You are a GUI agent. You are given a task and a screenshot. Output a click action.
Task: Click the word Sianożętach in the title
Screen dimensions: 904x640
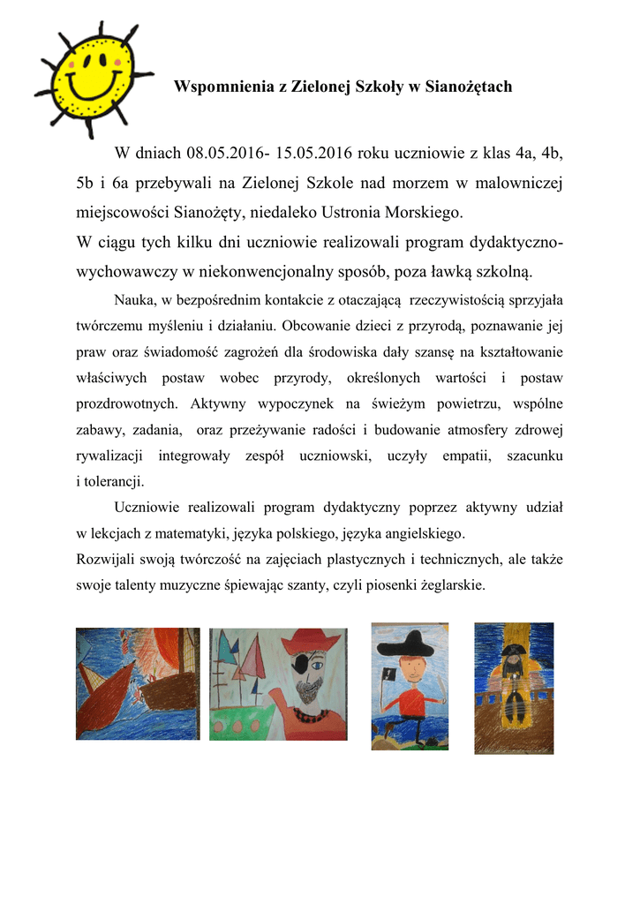pos(469,87)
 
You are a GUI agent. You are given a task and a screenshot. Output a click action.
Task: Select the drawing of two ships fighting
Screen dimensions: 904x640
pos(138,683)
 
